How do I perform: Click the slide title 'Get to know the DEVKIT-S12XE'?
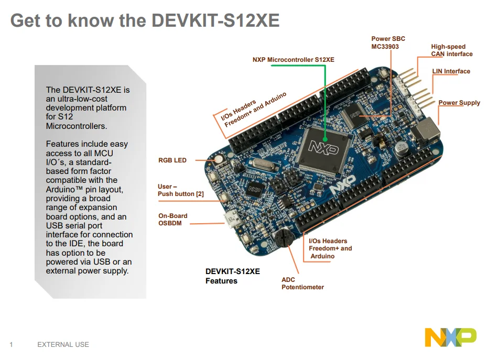point(145,21)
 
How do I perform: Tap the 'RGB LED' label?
point(172,160)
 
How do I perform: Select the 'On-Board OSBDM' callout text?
point(173,220)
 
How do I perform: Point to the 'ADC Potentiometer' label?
point(302,283)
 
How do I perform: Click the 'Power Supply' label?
point(459,103)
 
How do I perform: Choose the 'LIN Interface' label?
point(451,71)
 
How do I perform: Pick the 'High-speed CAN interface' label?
point(451,50)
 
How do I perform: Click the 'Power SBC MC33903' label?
point(388,42)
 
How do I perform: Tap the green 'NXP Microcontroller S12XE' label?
point(293,60)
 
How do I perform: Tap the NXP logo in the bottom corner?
point(450,337)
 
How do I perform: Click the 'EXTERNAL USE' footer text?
point(63,345)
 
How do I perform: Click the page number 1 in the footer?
point(11,345)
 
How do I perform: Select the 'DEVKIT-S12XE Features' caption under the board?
point(232,276)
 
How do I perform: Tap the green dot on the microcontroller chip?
point(326,139)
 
